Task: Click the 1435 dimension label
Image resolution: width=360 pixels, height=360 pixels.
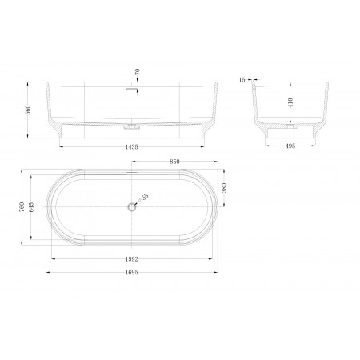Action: coord(131,146)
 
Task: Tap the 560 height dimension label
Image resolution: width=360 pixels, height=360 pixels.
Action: coord(28,110)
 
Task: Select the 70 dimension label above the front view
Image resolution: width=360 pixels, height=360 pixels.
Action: coord(138,71)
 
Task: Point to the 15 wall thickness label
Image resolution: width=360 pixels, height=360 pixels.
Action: coord(242,80)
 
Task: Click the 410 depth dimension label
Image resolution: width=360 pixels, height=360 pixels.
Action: coord(290,102)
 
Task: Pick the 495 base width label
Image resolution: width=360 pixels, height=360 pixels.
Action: coord(290,146)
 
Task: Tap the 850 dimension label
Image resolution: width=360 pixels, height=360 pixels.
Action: coord(174,162)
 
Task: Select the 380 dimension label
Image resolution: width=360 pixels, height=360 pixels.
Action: coord(224,188)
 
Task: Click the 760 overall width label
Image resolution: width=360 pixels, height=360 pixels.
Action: coord(22,206)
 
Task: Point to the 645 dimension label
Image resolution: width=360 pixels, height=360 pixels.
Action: coord(31,207)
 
